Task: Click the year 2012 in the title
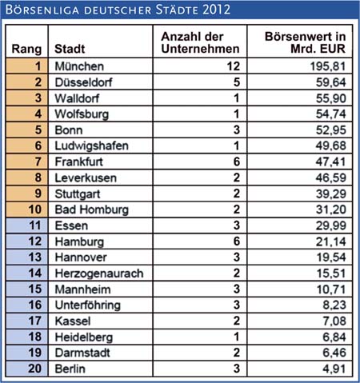coord(216,10)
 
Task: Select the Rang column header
coord(26,49)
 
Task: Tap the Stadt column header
coord(70,49)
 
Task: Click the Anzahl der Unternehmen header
coord(200,42)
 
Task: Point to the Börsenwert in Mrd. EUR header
coord(305,42)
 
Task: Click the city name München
coord(79,66)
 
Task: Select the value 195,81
coord(328,66)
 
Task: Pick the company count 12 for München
coord(234,66)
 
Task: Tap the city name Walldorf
coord(77,98)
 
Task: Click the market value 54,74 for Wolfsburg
coord(330,114)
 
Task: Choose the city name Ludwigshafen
coord(91,146)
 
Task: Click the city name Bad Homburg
coord(92,209)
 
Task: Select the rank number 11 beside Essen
coord(35,225)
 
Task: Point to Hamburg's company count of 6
coord(237,241)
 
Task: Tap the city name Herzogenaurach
coord(99,273)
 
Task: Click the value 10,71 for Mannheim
coord(331,289)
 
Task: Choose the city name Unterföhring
coord(88,305)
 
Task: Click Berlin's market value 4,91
coord(334,369)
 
